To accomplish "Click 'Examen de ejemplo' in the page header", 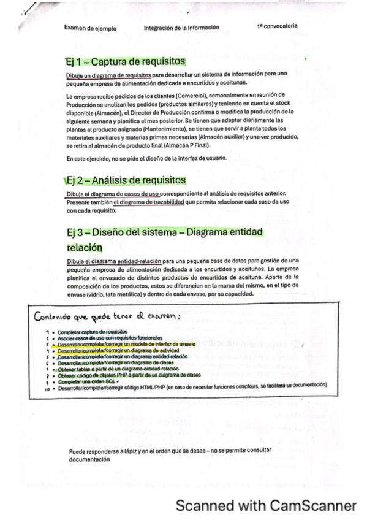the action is point(90,28).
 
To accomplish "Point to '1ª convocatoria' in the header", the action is point(278,27).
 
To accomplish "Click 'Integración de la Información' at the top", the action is point(181,28).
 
